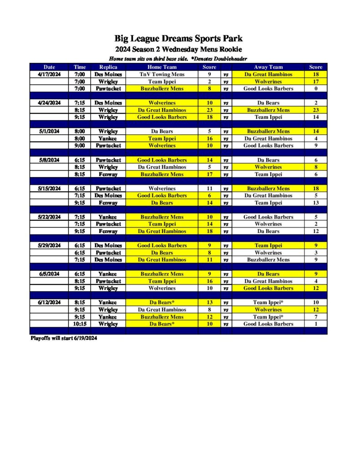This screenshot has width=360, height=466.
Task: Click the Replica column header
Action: (x=108, y=67)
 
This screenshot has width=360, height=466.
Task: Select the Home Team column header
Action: (x=162, y=67)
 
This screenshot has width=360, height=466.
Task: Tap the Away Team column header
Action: (x=268, y=67)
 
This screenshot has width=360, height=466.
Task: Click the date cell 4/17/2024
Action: (x=49, y=74)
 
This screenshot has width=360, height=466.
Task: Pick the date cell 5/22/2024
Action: (x=49, y=217)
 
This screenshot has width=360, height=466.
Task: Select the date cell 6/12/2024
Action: (x=49, y=303)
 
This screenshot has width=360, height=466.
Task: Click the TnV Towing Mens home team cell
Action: (x=162, y=74)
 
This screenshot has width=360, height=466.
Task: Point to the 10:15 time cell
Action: (x=80, y=324)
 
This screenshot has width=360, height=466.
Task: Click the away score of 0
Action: (x=315, y=89)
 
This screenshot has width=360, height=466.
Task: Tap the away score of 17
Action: (x=315, y=81)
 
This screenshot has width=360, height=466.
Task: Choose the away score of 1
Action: (x=315, y=324)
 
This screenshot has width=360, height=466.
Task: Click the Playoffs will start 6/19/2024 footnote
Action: (x=64, y=339)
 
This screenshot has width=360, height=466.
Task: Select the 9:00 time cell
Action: (x=80, y=146)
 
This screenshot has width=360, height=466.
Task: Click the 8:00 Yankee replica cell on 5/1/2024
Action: (x=108, y=138)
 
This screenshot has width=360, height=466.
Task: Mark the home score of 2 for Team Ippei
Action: (x=209, y=81)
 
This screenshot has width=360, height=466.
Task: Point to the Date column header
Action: (x=49, y=67)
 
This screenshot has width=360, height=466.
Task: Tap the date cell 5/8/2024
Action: (x=49, y=160)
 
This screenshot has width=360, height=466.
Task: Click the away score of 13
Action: (x=315, y=203)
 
